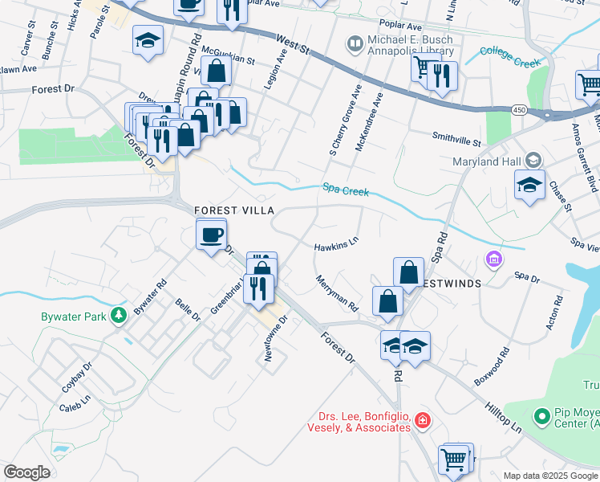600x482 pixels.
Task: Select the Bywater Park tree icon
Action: coord(120,314)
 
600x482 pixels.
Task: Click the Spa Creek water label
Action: coord(346,190)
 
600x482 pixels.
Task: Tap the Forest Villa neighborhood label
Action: coord(234,210)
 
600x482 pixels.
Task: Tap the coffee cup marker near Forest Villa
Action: coord(212,235)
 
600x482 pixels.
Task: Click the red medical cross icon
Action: coord(423,420)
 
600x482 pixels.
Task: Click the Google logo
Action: coord(26,472)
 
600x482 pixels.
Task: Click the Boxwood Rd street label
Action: coord(492,366)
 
